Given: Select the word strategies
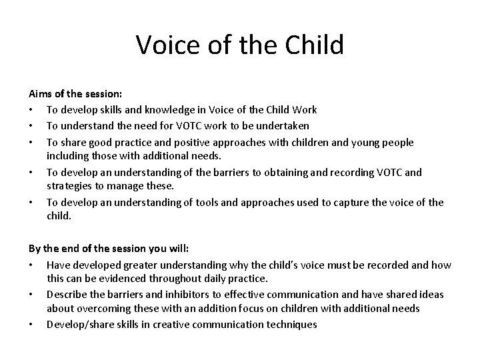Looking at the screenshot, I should [69, 185].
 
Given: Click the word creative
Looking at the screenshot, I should [182, 324].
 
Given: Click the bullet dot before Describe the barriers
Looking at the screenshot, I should [32, 294].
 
